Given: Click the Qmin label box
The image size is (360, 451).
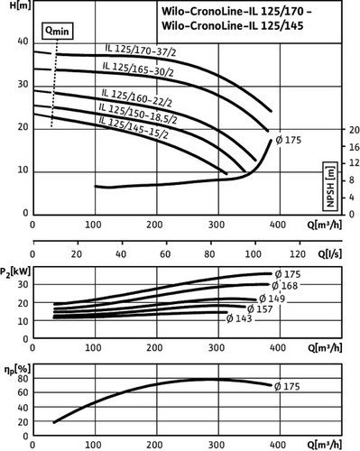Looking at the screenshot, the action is click(x=57, y=31).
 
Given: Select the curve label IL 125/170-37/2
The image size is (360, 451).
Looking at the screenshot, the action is click(x=141, y=51).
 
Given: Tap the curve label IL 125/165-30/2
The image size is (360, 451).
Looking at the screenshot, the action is click(x=138, y=69).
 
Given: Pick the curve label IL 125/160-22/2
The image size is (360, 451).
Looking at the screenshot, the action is click(x=137, y=97).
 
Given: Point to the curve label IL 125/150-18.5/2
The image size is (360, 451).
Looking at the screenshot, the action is click(x=138, y=114).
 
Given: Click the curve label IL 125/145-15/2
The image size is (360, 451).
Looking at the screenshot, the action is click(x=134, y=128).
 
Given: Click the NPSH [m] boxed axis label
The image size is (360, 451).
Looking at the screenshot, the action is click(x=330, y=187).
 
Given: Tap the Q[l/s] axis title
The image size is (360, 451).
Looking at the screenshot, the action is click(x=330, y=254).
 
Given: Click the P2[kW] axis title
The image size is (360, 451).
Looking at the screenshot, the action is click(x=15, y=272).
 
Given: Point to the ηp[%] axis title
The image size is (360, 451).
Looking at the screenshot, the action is click(x=17, y=370).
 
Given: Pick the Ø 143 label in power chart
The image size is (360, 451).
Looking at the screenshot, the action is click(x=239, y=318).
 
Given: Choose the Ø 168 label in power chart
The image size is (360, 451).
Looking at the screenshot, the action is click(x=284, y=285).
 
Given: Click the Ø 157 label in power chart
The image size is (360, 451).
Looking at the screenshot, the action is click(x=260, y=308).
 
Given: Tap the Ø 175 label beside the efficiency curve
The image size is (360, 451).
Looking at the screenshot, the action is click(x=287, y=386).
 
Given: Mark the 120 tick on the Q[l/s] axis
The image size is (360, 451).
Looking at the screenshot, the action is click(x=298, y=254).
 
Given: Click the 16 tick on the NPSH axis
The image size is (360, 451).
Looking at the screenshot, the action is click(x=353, y=147).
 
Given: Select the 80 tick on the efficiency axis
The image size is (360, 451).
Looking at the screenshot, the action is click(x=23, y=378).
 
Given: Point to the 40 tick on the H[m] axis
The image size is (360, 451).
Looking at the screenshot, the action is click(x=23, y=41).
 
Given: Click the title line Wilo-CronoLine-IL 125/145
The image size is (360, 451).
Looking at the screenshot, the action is click(x=233, y=26).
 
